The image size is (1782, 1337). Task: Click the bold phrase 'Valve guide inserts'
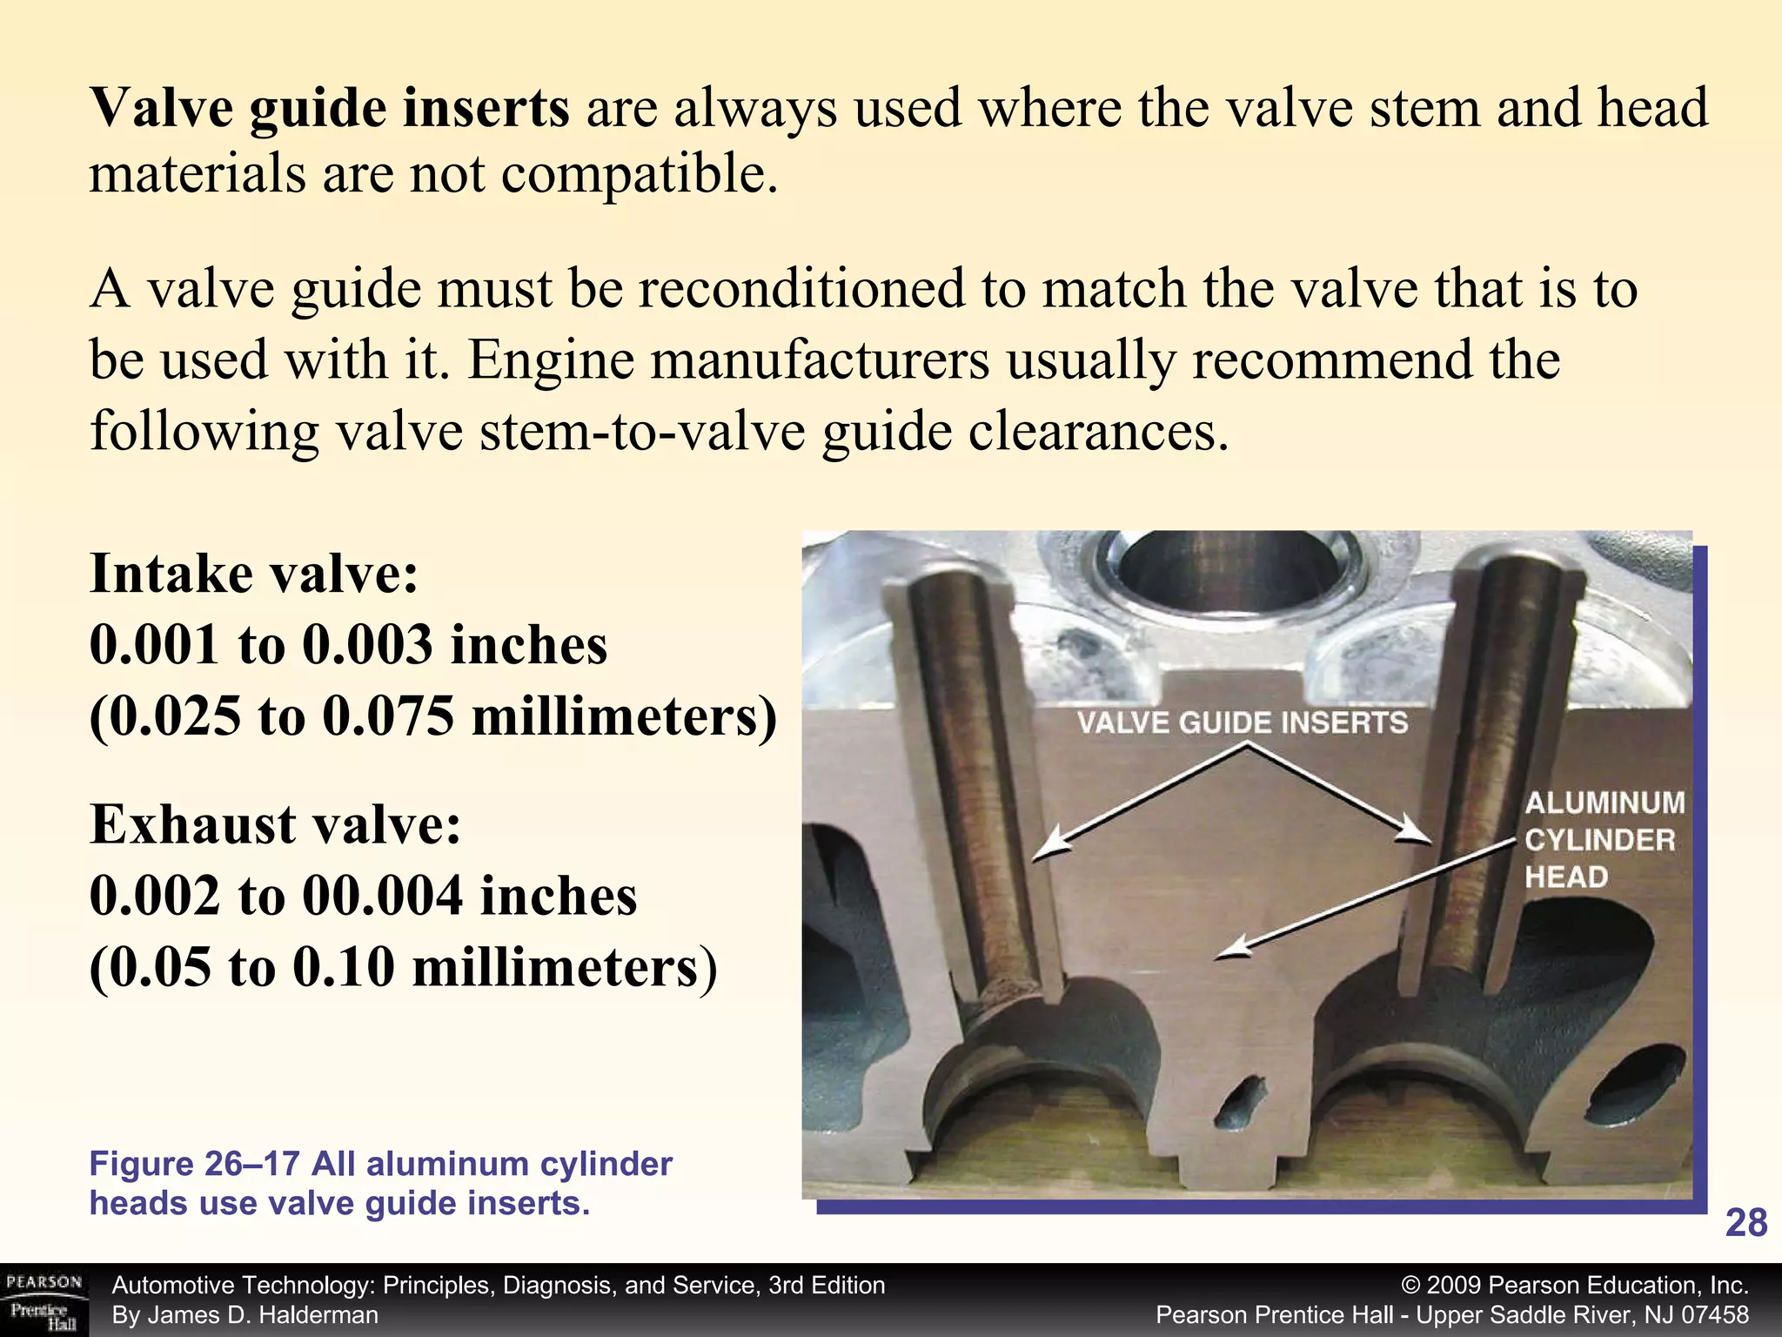click(330, 109)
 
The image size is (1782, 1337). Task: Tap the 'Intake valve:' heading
click(254, 574)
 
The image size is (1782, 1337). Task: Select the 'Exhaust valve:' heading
click(275, 824)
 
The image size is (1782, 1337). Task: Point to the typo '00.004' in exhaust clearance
click(382, 897)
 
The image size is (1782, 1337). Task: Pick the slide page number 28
click(1745, 1223)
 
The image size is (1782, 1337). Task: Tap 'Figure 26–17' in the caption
click(195, 1164)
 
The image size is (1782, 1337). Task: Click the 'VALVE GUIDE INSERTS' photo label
click(1243, 722)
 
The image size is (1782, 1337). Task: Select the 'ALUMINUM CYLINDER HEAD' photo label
click(1603, 840)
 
